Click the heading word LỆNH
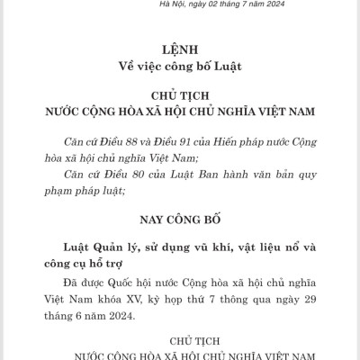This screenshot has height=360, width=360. pos(179,48)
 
